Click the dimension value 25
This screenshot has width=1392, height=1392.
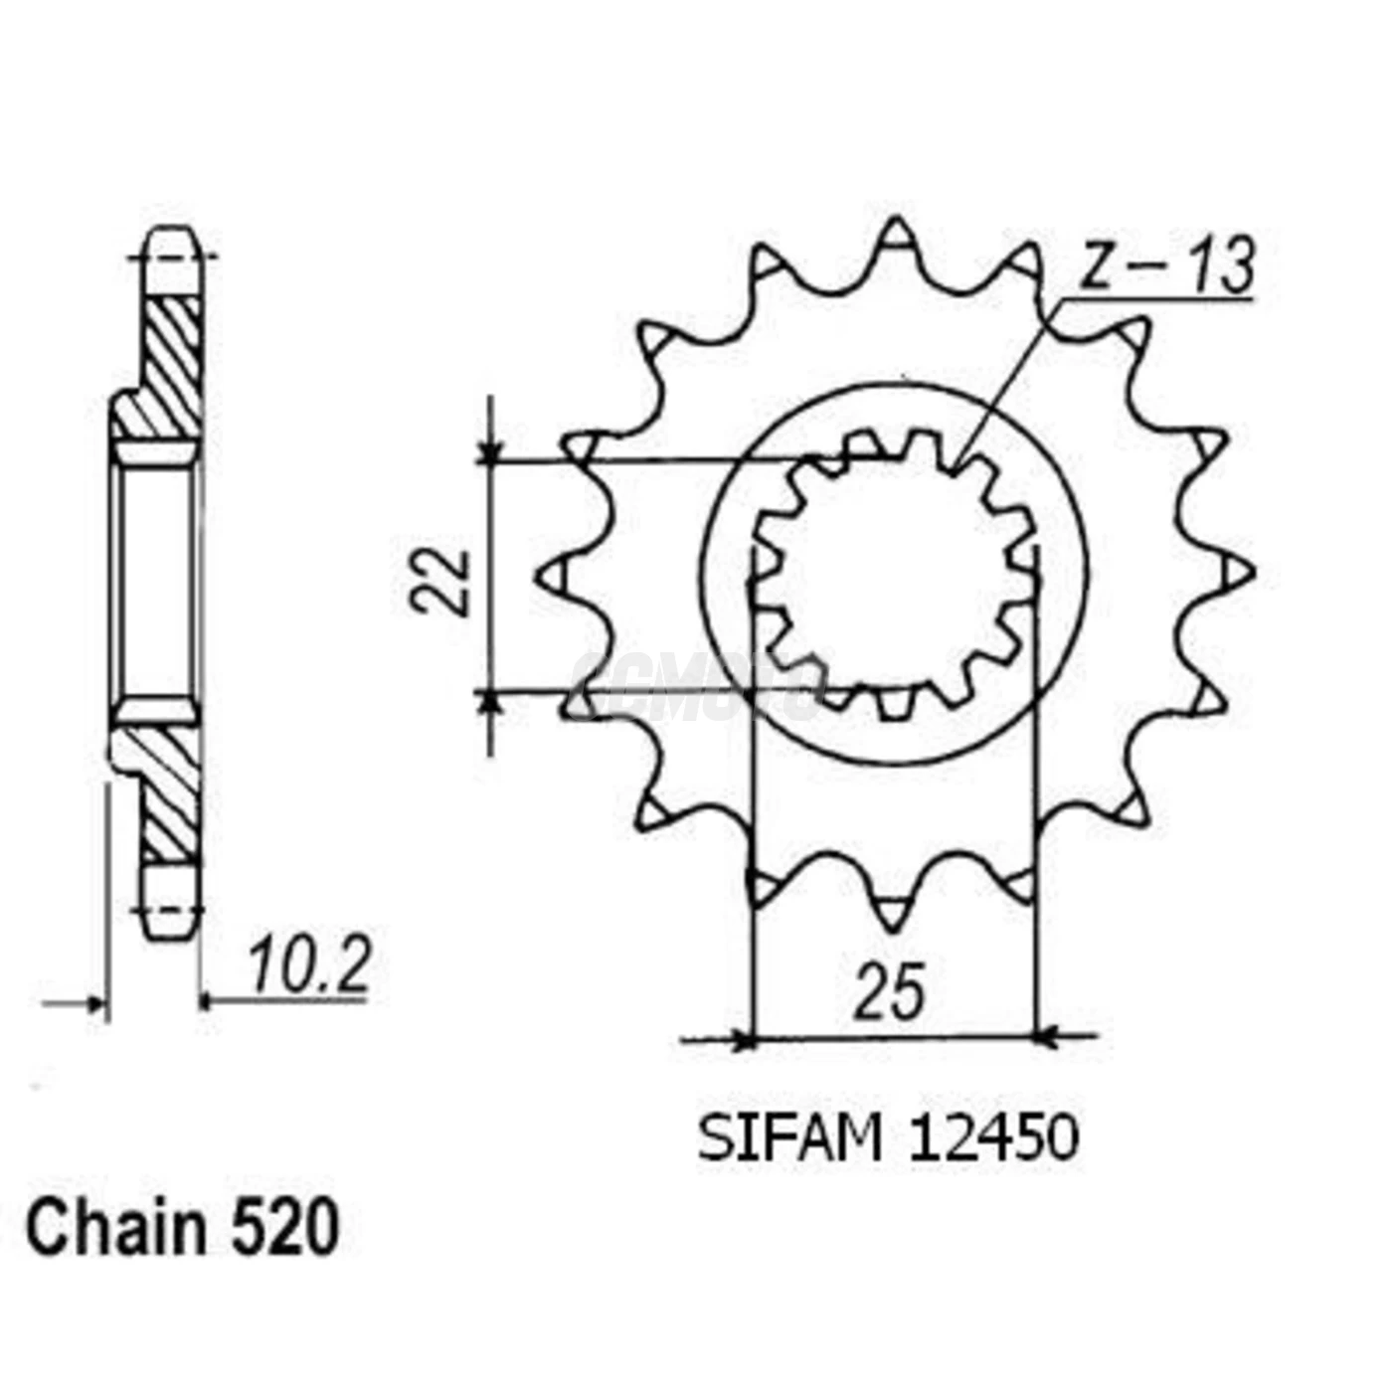890,992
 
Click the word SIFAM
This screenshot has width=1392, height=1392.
790,1138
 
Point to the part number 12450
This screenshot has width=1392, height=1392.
992,1138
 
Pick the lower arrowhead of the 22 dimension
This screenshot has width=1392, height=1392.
489,702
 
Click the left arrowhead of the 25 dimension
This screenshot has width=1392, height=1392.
743,1041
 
